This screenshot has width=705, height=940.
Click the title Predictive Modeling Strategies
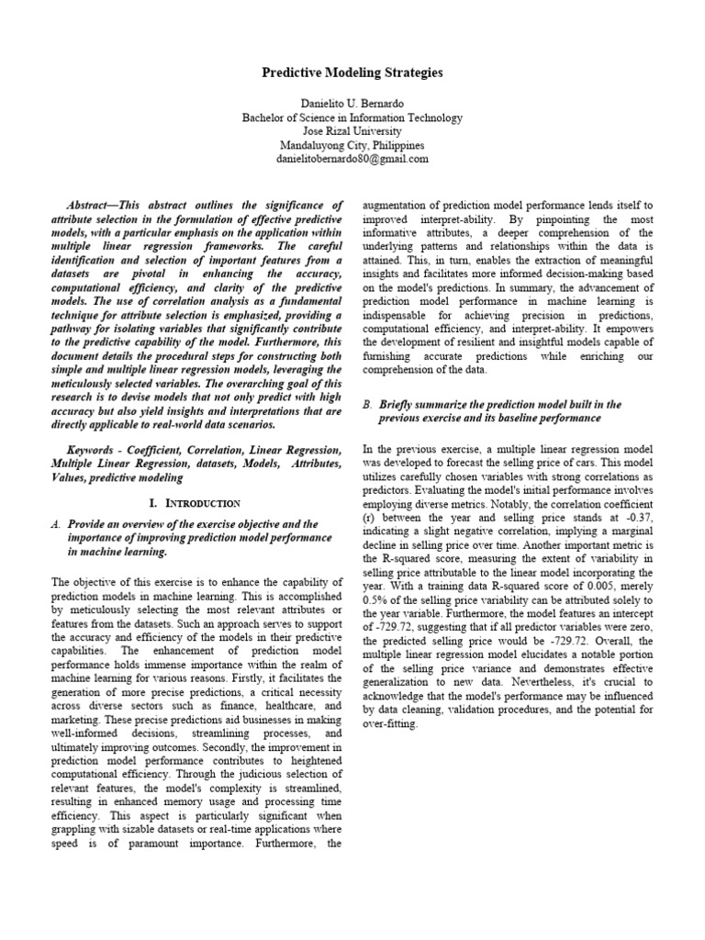coord(352,72)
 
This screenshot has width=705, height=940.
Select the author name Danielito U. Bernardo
coord(352,105)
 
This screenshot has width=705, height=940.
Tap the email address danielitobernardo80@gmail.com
coord(352,158)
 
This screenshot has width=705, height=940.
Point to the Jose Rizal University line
coord(352,131)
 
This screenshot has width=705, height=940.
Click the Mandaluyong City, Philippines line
coord(352,145)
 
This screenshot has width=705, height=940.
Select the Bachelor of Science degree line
coord(352,118)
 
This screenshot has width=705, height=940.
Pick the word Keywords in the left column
coord(94,451)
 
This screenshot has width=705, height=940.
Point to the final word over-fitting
coord(391,724)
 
